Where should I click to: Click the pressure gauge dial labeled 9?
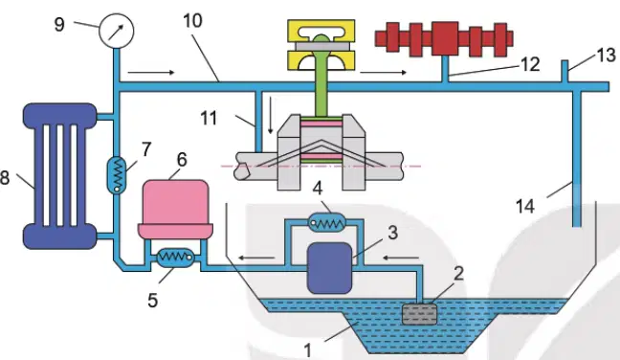point(117,31)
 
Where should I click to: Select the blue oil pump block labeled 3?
point(330,268)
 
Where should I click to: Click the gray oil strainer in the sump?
point(419,314)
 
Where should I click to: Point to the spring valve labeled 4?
point(327,223)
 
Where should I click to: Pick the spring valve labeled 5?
point(175,258)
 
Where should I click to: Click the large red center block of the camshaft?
point(445,38)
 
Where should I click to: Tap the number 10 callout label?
point(192,20)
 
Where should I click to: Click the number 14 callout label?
point(525,207)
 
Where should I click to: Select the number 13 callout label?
point(606,55)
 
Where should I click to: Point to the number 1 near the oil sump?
point(308,350)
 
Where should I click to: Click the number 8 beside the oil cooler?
point(5,177)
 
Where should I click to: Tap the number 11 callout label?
point(209,118)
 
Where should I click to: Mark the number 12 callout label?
point(530,64)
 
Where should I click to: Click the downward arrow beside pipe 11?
point(271,114)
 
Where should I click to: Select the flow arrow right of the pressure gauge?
point(151,73)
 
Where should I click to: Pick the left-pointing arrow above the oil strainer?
point(401,259)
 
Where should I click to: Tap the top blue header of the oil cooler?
point(59,116)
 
